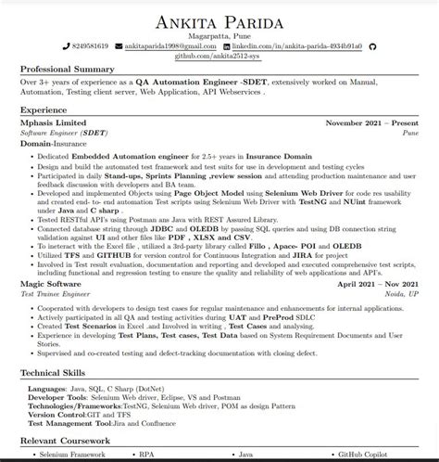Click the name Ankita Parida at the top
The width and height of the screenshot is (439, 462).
[x=219, y=19]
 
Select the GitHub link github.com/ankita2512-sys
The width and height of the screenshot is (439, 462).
[x=219, y=56]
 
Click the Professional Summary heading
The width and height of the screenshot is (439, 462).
[x=72, y=71]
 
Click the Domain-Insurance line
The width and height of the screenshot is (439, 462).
[x=57, y=143]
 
